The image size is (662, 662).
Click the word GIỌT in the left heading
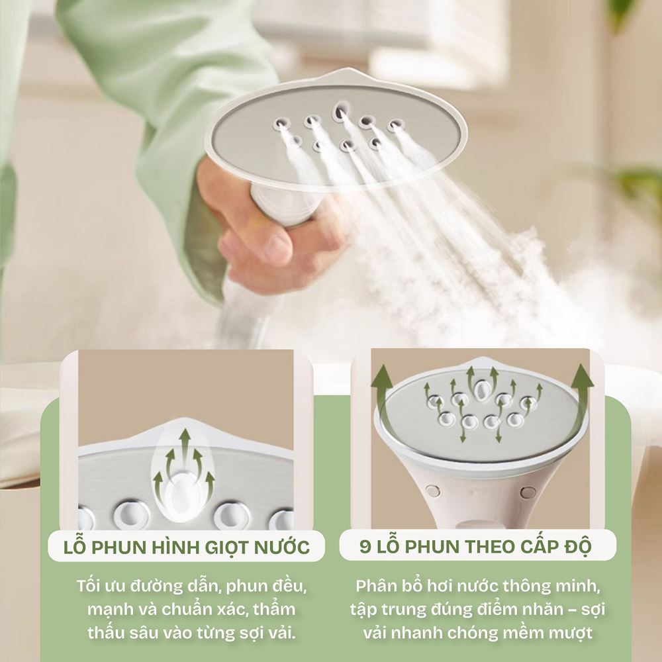[226, 547]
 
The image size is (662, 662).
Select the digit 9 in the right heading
[365, 547]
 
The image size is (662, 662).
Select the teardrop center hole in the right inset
[481, 390]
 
